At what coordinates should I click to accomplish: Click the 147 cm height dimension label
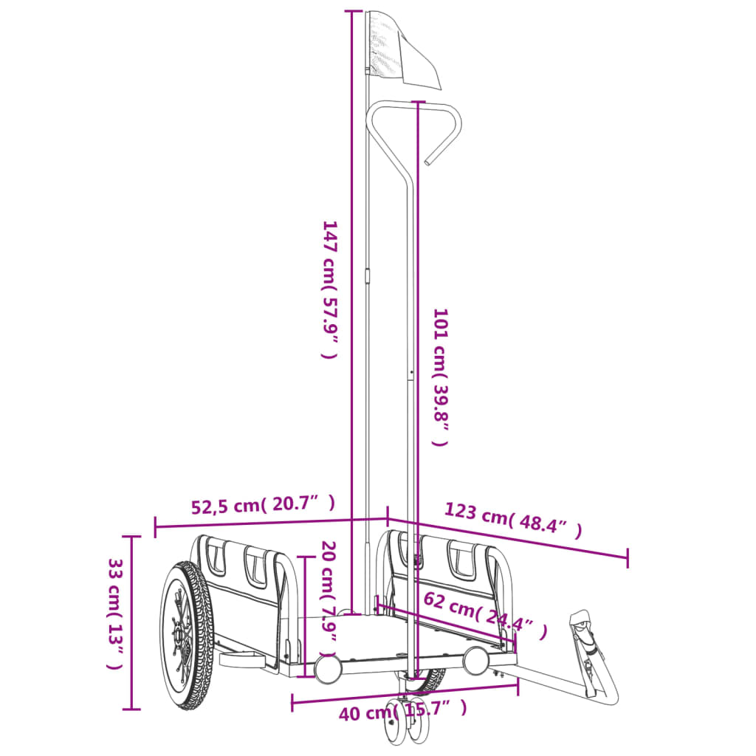(x=329, y=289)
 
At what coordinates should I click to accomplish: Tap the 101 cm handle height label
(x=440, y=377)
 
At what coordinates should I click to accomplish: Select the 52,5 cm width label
(x=263, y=506)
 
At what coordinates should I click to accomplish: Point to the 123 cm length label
(x=512, y=520)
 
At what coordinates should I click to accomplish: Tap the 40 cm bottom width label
(x=402, y=712)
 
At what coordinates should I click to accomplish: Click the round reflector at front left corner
(x=327, y=667)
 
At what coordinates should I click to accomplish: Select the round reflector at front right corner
(x=476, y=660)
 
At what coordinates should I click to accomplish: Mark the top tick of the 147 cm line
(x=353, y=12)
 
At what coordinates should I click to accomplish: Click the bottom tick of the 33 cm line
(x=131, y=709)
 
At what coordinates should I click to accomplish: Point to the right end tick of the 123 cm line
(x=628, y=558)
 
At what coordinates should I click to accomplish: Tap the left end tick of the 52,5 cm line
(x=156, y=527)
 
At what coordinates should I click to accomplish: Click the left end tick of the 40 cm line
(x=293, y=701)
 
